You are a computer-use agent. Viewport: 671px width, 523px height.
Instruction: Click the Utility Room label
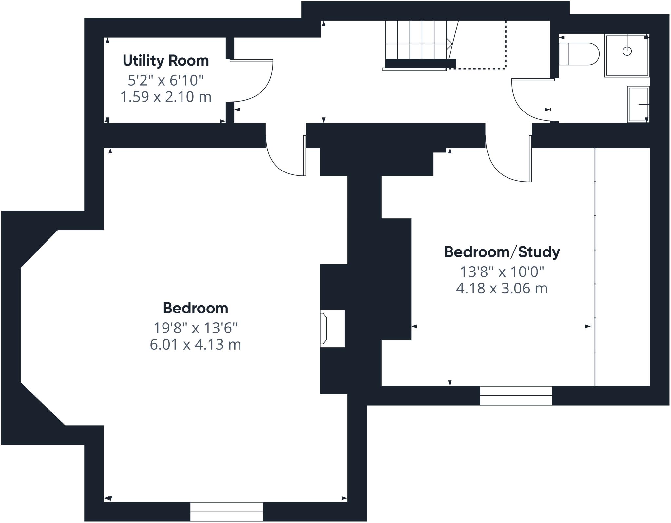coord(166,61)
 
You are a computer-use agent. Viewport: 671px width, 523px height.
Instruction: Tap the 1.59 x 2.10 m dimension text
coord(166,97)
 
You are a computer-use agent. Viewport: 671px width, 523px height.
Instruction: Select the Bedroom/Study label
coord(502,252)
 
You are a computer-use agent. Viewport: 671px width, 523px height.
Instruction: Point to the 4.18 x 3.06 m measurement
coord(502,289)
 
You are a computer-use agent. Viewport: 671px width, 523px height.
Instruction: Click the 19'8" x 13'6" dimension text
coord(196,328)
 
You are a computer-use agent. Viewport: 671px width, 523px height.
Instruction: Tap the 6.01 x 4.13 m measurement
coord(196,345)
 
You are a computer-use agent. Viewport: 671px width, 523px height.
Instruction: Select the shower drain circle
coord(627,51)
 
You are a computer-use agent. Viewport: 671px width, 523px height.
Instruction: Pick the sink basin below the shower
coord(638,104)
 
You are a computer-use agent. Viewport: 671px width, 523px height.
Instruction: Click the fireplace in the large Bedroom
coord(332,328)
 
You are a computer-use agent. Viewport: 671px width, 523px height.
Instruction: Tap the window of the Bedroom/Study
coord(516,395)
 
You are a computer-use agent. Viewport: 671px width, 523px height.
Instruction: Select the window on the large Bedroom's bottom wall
coord(226,512)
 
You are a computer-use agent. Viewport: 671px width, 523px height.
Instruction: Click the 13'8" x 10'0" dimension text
coord(502,272)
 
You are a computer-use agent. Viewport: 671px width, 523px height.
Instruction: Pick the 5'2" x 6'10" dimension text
coord(166,80)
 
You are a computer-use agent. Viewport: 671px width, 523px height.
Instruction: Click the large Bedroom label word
coord(196,308)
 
